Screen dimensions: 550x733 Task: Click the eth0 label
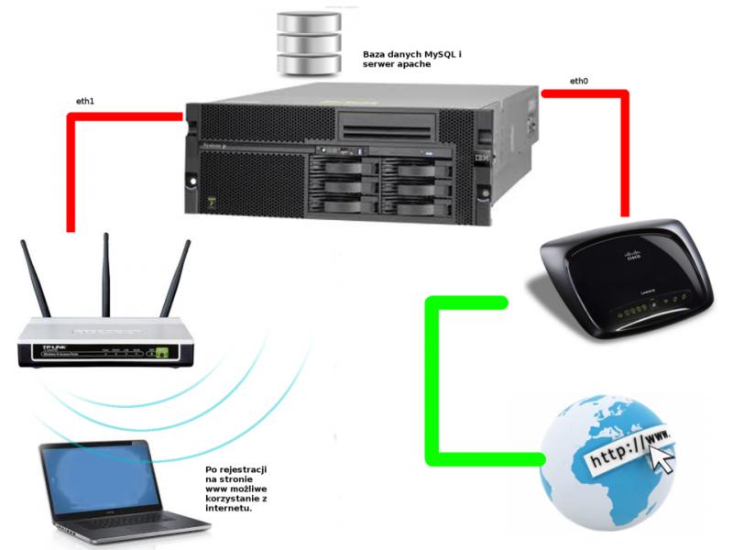(x=578, y=82)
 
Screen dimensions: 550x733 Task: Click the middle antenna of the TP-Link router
(x=105, y=275)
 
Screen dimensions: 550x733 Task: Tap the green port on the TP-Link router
(x=162, y=351)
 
